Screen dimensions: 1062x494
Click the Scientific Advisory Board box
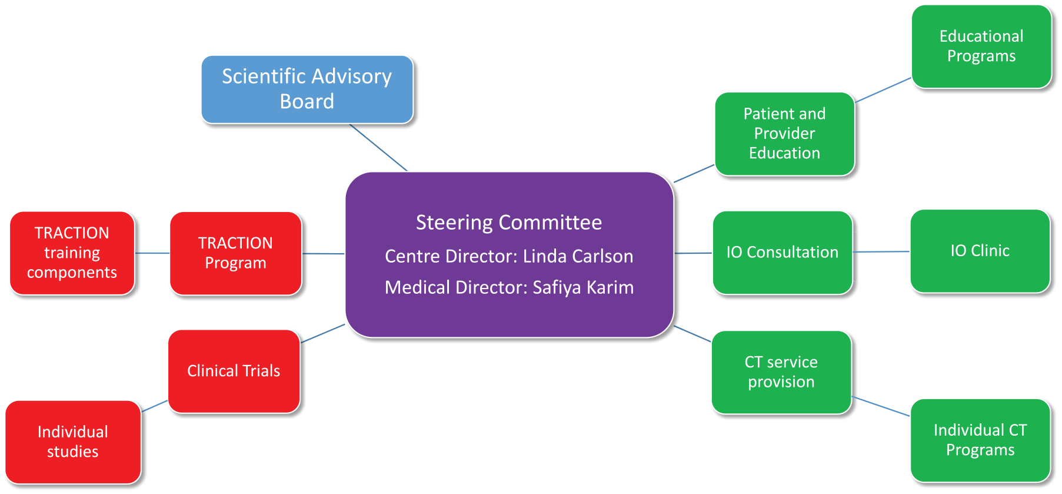click(x=307, y=89)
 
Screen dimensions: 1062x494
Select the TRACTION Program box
click(x=236, y=253)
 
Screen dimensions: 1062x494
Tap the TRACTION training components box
click(x=72, y=253)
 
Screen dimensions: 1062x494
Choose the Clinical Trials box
click(x=234, y=371)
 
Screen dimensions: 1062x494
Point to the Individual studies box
click(x=73, y=442)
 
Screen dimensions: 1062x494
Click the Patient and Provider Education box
click(x=785, y=134)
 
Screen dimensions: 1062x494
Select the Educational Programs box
click(x=981, y=47)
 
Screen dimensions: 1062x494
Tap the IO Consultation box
click(x=783, y=253)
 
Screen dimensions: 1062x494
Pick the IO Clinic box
click(x=980, y=251)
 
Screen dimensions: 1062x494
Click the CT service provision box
click(x=781, y=372)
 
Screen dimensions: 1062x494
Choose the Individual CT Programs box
click(x=980, y=440)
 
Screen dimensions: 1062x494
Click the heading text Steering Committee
click(x=509, y=223)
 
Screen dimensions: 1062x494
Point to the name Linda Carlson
click(x=578, y=256)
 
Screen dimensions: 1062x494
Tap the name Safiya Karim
click(x=583, y=287)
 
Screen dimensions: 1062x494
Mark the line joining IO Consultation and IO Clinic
click(x=881, y=252)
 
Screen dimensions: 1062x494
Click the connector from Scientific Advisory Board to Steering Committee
click(x=378, y=147)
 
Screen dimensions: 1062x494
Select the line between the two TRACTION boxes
click(x=152, y=253)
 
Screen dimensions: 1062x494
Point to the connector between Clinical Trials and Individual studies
click(x=155, y=406)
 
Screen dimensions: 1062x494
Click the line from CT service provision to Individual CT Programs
click(x=881, y=406)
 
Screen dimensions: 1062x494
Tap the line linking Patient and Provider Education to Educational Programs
click(x=883, y=90)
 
